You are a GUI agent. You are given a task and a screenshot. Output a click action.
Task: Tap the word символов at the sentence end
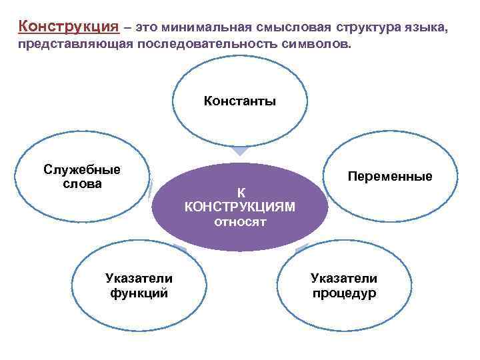point(316,47)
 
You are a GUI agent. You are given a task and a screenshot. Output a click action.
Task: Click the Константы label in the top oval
point(240,102)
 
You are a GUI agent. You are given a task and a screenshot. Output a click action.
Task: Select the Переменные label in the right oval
point(390,176)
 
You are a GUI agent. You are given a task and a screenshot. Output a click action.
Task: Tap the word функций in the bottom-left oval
point(139,293)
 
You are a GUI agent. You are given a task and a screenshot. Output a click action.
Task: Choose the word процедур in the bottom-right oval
point(344,293)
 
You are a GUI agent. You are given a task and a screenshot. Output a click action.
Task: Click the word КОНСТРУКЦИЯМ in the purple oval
point(240,207)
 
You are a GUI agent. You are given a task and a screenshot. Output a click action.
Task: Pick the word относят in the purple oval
point(240,222)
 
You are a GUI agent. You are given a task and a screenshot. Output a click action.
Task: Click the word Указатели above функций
point(139,279)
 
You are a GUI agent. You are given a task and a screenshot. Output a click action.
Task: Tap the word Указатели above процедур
point(344,279)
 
